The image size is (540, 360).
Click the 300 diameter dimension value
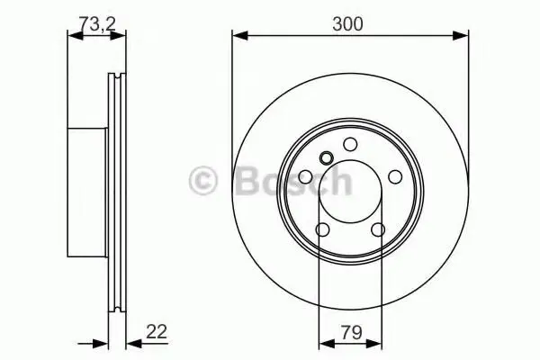(347, 24)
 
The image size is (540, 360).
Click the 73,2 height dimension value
(97, 23)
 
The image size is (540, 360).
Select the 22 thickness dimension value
(157, 331)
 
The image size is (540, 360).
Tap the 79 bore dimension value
(352, 332)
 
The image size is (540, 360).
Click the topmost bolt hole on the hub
(351, 144)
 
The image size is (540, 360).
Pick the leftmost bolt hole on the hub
(305, 177)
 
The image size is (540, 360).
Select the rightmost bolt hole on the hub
(395, 176)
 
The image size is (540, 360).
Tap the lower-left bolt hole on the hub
(323, 229)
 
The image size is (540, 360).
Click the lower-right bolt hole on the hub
(378, 229)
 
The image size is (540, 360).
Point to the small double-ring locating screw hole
(326, 158)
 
